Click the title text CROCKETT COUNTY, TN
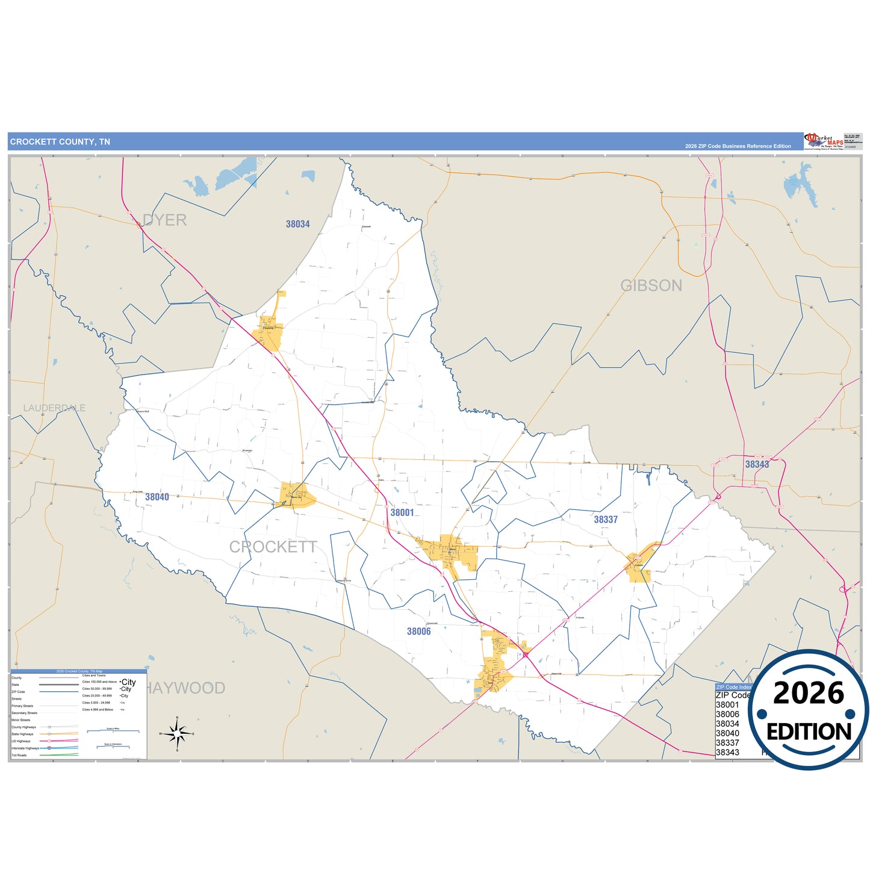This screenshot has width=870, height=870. pyautogui.click(x=60, y=142)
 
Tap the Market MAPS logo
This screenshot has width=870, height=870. pyautogui.click(x=824, y=141)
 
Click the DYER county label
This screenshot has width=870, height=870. pyautogui.click(x=164, y=220)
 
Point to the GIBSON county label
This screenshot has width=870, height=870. pyautogui.click(x=651, y=285)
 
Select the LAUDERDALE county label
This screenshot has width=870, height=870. pyautogui.click(x=54, y=408)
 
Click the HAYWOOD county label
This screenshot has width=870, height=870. pyautogui.click(x=186, y=688)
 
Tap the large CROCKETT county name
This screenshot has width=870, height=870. pyautogui.click(x=273, y=547)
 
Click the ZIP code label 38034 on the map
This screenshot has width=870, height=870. pyautogui.click(x=297, y=224)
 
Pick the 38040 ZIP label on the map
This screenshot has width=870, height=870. pyautogui.click(x=157, y=497)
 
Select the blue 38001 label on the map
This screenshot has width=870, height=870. pyautogui.click(x=402, y=512)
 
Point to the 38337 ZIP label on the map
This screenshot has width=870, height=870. pyautogui.click(x=606, y=520)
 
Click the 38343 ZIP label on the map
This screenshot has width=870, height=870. pyautogui.click(x=757, y=464)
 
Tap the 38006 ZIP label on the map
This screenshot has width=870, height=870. pyautogui.click(x=418, y=632)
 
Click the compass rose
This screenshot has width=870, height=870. pyautogui.click(x=177, y=734)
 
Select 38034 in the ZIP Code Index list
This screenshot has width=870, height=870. pyautogui.click(x=727, y=724)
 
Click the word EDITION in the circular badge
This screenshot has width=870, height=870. pyautogui.click(x=809, y=732)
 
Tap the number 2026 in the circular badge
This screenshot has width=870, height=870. pyautogui.click(x=809, y=694)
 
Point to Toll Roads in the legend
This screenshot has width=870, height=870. pyautogui.click(x=19, y=755)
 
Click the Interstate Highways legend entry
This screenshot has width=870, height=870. pyautogui.click(x=25, y=748)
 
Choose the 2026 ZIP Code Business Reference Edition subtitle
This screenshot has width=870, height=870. pyautogui.click(x=738, y=146)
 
